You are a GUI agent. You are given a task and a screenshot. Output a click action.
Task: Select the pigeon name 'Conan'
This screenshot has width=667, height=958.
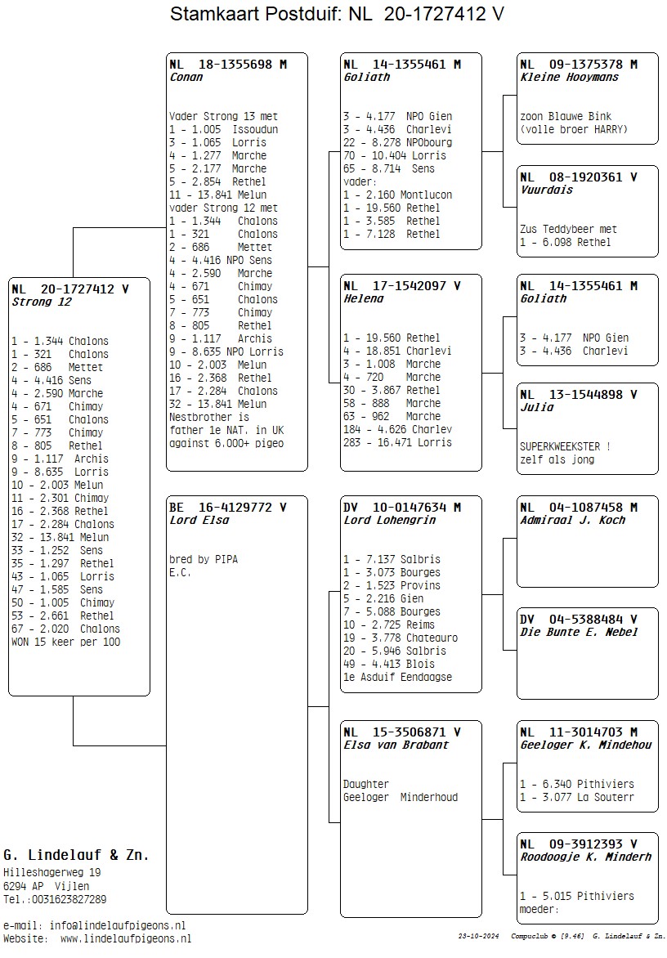tap(186, 78)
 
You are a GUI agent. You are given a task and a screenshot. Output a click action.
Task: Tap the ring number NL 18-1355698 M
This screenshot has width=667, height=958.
tap(228, 65)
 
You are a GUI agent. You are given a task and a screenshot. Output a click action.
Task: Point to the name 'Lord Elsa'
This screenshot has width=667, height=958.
tap(199, 521)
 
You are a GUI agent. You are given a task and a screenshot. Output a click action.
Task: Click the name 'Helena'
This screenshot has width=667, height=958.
tap(364, 299)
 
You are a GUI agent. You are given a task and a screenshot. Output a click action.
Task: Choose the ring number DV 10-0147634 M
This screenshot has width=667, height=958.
tap(402, 508)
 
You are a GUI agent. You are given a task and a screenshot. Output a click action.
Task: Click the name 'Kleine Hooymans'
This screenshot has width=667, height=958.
tap(570, 78)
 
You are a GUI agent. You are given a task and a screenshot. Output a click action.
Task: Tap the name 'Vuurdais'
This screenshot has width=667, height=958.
tap(547, 190)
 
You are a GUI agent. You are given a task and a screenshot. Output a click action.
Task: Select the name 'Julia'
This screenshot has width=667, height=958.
tap(537, 408)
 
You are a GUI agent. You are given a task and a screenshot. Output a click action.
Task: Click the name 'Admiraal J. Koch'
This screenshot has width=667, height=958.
tap(573, 521)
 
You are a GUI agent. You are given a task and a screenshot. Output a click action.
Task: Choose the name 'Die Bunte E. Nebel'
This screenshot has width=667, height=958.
tap(580, 633)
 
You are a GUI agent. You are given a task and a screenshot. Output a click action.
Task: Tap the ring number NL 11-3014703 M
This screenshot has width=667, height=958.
tap(579, 732)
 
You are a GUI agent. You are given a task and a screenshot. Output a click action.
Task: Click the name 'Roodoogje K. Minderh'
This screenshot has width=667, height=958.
tap(586, 857)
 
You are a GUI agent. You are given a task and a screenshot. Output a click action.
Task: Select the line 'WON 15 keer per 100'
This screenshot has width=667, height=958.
tap(66, 642)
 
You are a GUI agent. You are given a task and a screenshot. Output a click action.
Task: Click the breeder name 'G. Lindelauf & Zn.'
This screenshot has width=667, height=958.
tap(76, 855)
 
